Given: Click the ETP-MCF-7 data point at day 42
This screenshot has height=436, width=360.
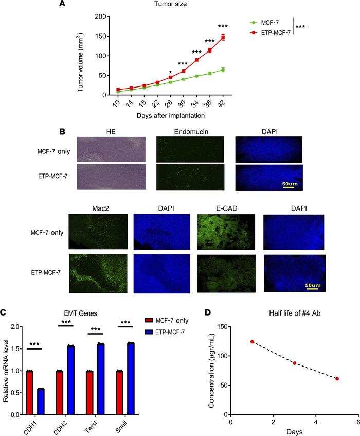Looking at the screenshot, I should coord(223,37).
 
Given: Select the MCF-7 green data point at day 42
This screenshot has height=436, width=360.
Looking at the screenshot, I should coord(223,69).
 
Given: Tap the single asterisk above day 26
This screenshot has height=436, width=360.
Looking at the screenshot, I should coord(170,72).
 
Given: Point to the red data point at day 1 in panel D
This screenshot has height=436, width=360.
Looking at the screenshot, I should coord(252,341).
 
